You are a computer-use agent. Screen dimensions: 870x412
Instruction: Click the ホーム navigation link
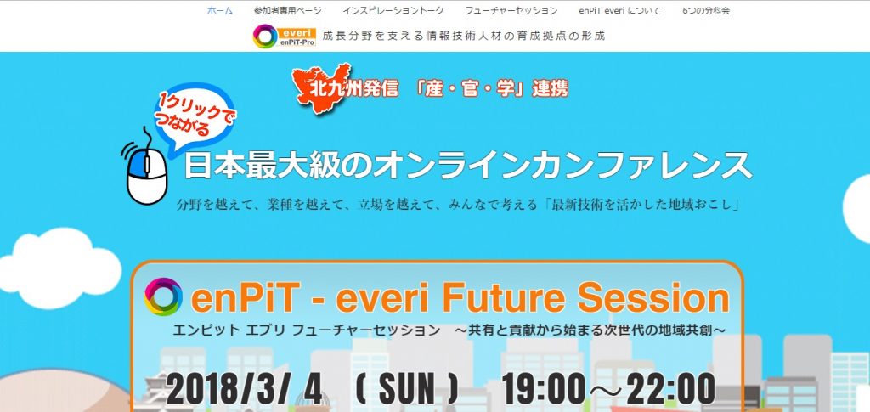coord(220,10)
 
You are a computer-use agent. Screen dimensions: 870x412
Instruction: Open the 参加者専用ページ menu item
coord(287,10)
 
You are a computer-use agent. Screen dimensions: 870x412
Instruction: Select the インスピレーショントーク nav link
coord(393,10)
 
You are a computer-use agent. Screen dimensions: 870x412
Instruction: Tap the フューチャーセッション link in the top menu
coord(511,10)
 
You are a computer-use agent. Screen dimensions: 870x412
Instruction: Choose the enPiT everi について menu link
coord(619,10)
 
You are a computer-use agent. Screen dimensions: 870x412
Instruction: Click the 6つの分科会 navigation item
coord(706,10)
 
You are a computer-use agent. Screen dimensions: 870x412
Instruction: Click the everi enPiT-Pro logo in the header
coord(284,37)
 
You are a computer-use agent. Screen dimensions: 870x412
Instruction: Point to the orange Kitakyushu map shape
coord(323,87)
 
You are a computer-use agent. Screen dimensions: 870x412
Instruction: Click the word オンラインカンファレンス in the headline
coord(562,165)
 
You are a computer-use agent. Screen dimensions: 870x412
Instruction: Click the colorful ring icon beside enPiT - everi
coord(163,296)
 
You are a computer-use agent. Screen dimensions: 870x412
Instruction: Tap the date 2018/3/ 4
coord(244,389)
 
